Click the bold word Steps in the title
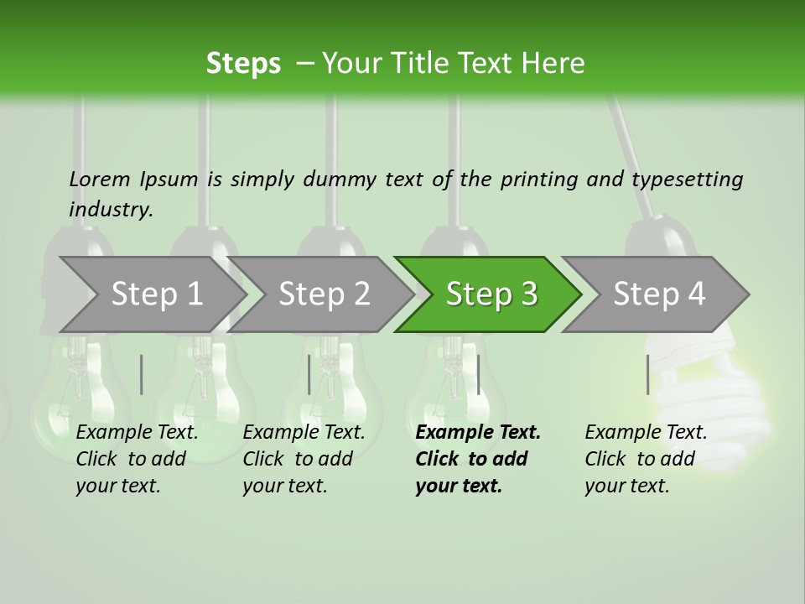point(243,64)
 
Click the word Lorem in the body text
point(99,179)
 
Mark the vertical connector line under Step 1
point(142,374)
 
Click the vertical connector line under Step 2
point(309,374)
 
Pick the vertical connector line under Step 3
point(478,374)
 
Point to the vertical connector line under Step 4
point(647,374)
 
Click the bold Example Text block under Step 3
point(478,459)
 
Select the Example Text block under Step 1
point(137,459)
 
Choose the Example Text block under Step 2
point(304,459)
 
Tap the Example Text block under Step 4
point(646,459)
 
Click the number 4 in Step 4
point(696,294)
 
